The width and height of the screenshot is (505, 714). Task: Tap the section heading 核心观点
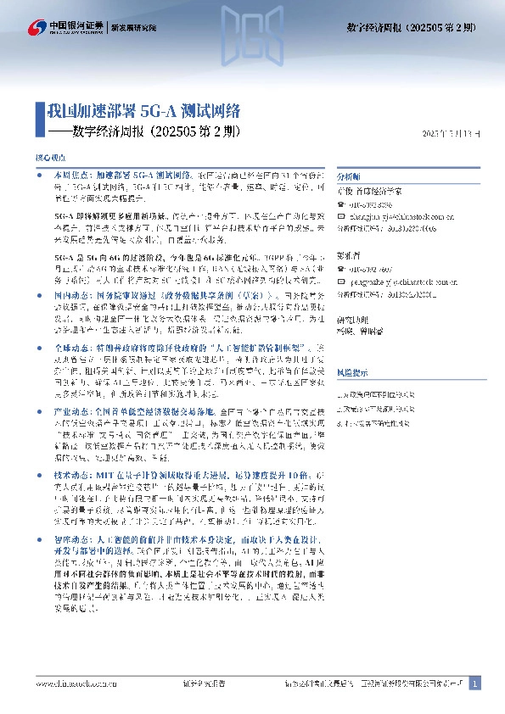tap(50, 159)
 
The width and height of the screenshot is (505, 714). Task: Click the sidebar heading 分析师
tap(349, 178)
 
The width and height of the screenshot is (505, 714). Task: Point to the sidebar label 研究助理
tap(352, 320)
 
